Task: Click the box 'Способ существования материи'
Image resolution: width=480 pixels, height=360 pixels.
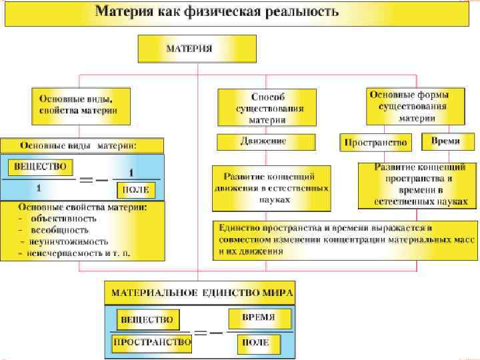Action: tap(267, 107)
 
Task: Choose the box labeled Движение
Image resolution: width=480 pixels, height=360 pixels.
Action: tap(265, 141)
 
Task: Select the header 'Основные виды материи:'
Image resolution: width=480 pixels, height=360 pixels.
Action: tap(81, 145)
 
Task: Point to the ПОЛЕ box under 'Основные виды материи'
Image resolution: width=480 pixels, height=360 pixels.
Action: tap(136, 190)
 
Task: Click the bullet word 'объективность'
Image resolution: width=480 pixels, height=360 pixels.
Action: tap(63, 218)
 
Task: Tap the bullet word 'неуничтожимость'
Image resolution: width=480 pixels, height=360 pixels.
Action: tap(68, 241)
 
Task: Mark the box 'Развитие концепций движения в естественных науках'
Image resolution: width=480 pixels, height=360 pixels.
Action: tap(271, 185)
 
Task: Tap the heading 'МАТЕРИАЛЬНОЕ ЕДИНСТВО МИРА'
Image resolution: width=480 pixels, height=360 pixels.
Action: tap(202, 293)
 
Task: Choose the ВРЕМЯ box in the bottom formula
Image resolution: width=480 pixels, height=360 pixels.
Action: tap(258, 317)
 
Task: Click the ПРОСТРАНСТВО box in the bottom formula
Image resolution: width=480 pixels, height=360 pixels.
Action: tap(153, 342)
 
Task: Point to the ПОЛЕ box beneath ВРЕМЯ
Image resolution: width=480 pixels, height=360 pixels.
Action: tap(257, 343)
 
